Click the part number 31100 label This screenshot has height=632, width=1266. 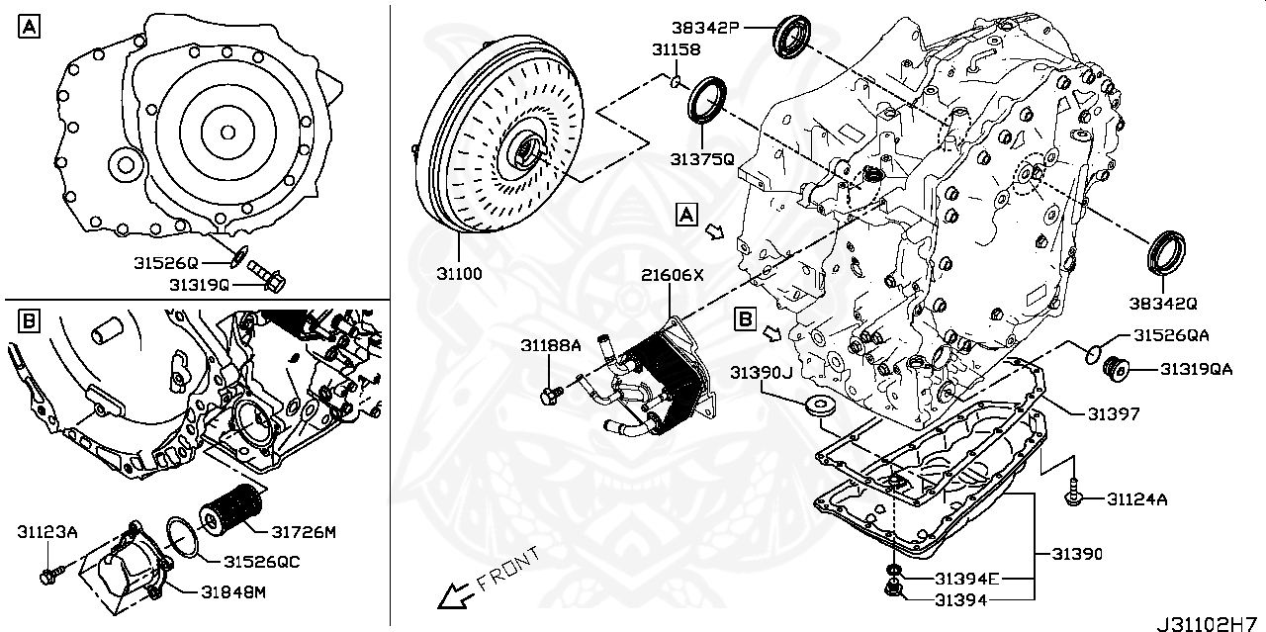[458, 272]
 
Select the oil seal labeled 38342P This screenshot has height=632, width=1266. [792, 37]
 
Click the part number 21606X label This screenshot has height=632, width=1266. [672, 276]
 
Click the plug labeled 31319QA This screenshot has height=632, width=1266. [1115, 369]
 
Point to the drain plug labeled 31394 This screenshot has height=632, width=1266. [894, 591]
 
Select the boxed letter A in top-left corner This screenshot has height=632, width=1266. [28, 27]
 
